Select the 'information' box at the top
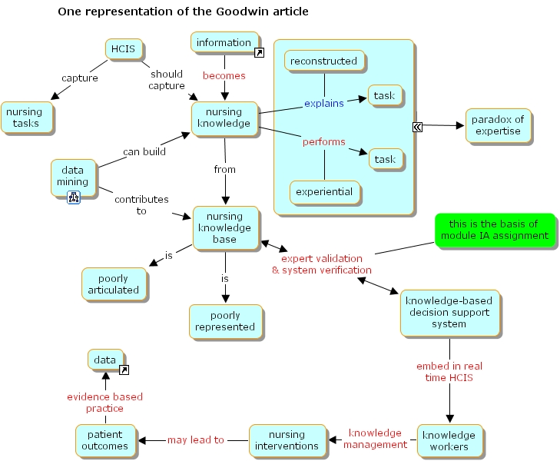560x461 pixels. (x=224, y=43)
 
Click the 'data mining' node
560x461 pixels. (x=72, y=177)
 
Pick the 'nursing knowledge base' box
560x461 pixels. (x=224, y=227)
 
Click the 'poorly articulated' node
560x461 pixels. (x=113, y=284)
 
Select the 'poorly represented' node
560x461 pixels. (x=224, y=321)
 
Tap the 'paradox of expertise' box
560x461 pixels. (x=497, y=125)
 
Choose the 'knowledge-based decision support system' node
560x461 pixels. (x=449, y=312)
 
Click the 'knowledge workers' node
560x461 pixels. (x=450, y=441)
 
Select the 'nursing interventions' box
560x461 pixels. (x=286, y=440)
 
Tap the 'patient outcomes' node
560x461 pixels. (x=104, y=440)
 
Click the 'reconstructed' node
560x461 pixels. (x=324, y=61)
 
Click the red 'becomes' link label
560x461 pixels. (x=224, y=76)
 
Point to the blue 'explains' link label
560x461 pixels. (x=323, y=103)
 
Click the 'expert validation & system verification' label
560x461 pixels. (x=321, y=264)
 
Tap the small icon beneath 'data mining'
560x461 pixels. (x=74, y=197)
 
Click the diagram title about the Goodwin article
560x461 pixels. (x=184, y=12)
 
